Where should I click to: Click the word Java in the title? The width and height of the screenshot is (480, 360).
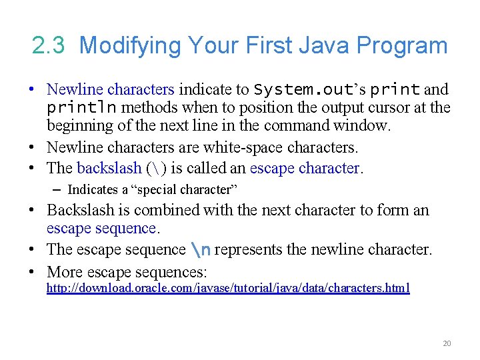[324, 46]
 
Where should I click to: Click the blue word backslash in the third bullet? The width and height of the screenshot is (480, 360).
[109, 168]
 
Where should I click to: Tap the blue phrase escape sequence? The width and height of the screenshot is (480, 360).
[101, 229]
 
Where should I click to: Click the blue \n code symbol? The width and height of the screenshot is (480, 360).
[201, 250]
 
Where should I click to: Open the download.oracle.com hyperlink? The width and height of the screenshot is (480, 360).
[227, 288]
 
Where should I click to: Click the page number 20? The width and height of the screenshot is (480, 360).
[447, 343]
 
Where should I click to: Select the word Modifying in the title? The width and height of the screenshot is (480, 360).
[129, 46]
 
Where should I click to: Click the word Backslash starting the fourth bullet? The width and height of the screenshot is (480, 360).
[82, 210]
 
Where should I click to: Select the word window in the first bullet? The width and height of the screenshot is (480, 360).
[364, 125]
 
